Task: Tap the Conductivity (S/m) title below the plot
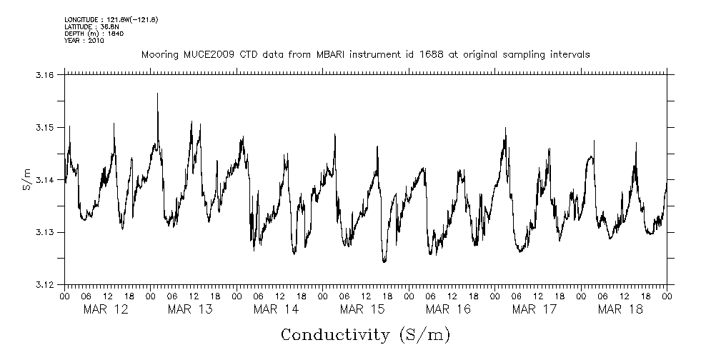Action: coord(365,335)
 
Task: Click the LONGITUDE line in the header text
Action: coord(111,19)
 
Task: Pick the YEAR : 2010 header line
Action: coord(84,41)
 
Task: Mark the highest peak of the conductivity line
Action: coord(157,94)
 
